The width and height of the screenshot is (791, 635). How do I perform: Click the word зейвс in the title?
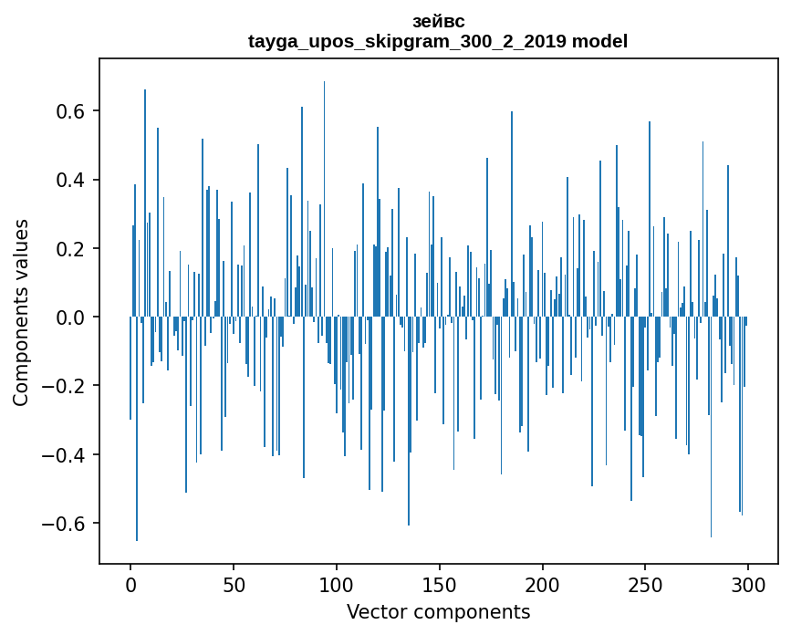point(438,22)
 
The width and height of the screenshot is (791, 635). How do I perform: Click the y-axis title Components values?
point(21,312)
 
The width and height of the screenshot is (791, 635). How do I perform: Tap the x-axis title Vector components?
point(438,612)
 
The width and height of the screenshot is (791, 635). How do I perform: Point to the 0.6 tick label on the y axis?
point(71,111)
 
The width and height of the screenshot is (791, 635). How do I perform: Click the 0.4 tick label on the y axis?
point(71,180)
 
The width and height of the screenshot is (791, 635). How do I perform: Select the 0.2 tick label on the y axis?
point(71,249)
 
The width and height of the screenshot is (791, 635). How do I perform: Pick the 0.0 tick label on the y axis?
point(71,317)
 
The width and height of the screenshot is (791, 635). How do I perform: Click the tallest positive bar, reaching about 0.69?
point(324,182)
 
